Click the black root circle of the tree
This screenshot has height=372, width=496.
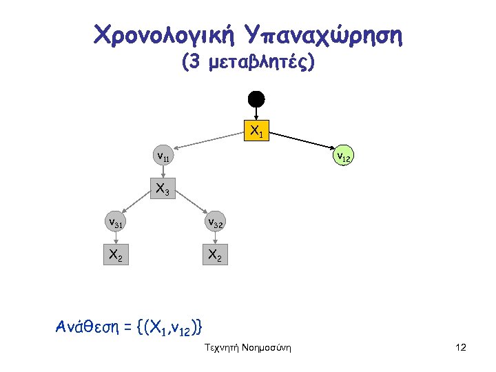(256, 98)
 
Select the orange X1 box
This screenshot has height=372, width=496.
(256, 130)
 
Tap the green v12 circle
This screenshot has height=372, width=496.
(342, 157)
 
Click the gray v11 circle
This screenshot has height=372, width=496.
(163, 157)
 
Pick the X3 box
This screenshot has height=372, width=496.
(163, 189)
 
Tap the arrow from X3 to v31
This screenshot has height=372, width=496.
(138, 205)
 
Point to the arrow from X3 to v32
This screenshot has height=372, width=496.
(190, 205)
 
